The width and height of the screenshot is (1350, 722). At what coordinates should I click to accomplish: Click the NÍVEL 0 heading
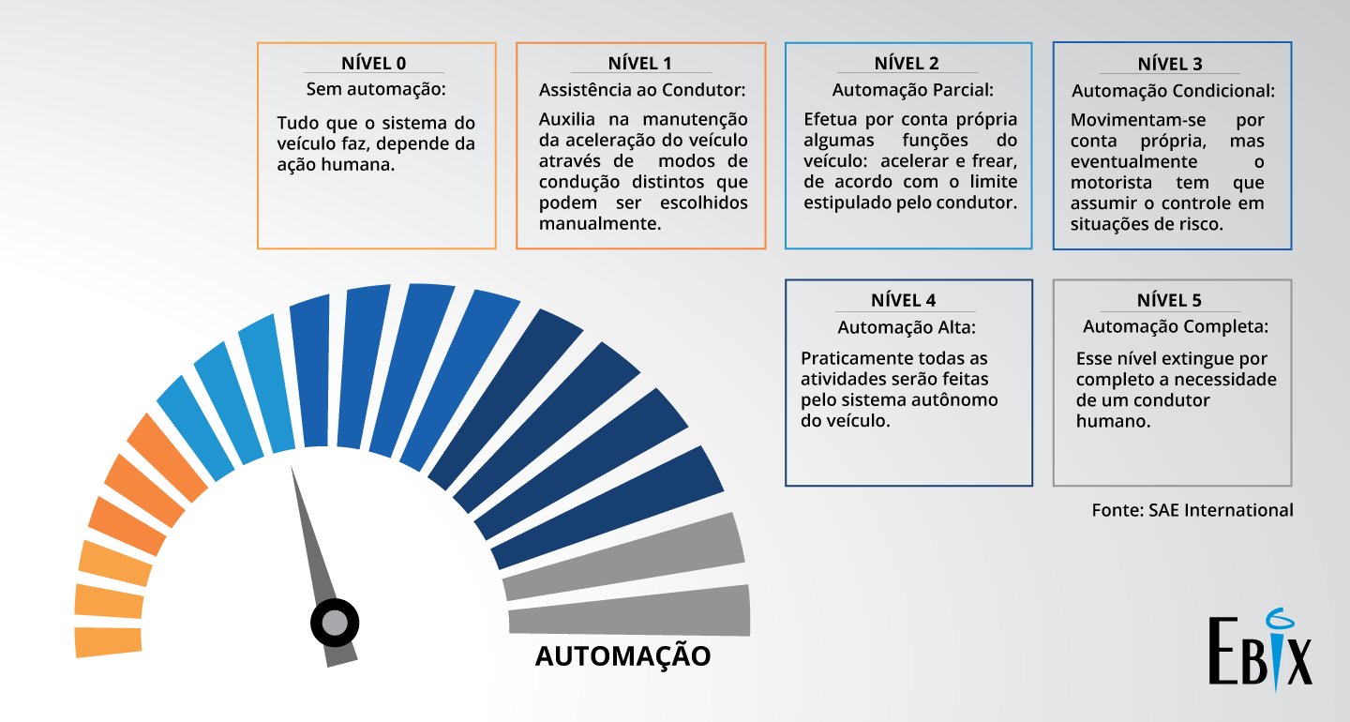(x=375, y=64)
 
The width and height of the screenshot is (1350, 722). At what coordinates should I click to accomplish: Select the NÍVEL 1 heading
(x=640, y=64)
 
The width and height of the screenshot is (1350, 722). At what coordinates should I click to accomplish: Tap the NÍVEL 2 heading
(x=907, y=64)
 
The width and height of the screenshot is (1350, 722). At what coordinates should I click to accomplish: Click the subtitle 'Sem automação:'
(x=376, y=90)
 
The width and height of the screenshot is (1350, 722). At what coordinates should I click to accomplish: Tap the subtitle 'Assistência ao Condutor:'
(x=642, y=90)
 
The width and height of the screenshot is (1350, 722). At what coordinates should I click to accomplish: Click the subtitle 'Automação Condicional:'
(x=1173, y=91)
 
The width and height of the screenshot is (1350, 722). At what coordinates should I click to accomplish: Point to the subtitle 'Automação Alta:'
(x=907, y=327)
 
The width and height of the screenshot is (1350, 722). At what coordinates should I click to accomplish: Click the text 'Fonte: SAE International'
(x=1192, y=510)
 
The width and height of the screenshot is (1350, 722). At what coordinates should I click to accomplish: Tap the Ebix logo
(x=1261, y=651)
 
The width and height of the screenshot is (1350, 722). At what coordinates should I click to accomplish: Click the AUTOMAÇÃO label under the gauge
(x=622, y=655)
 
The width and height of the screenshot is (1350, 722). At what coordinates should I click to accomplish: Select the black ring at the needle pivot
(x=335, y=622)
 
